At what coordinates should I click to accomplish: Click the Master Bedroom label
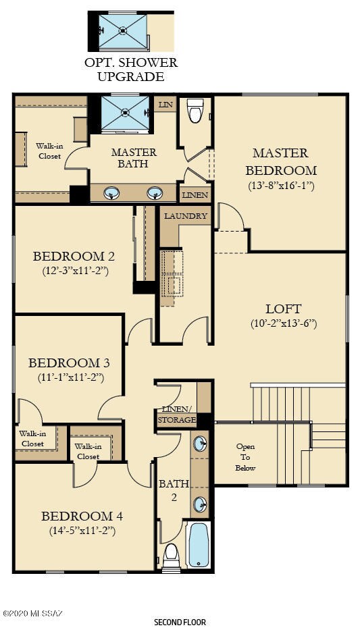tap(280, 161)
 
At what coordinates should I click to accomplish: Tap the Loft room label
tap(283, 309)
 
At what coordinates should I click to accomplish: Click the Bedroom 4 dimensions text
tap(82, 531)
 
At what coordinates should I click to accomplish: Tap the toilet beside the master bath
tap(196, 111)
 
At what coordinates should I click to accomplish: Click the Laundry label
tap(185, 216)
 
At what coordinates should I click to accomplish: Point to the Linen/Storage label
tap(176, 415)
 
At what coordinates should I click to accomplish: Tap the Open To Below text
tap(245, 457)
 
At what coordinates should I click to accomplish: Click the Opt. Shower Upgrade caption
tap(130, 70)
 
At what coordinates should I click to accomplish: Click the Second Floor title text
tap(180, 622)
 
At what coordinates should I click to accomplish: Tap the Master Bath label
tap(134, 158)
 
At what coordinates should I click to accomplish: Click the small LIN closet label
tap(164, 105)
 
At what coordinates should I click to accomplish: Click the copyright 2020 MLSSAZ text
tap(32, 613)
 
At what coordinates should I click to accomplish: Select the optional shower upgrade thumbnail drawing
tap(122, 30)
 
